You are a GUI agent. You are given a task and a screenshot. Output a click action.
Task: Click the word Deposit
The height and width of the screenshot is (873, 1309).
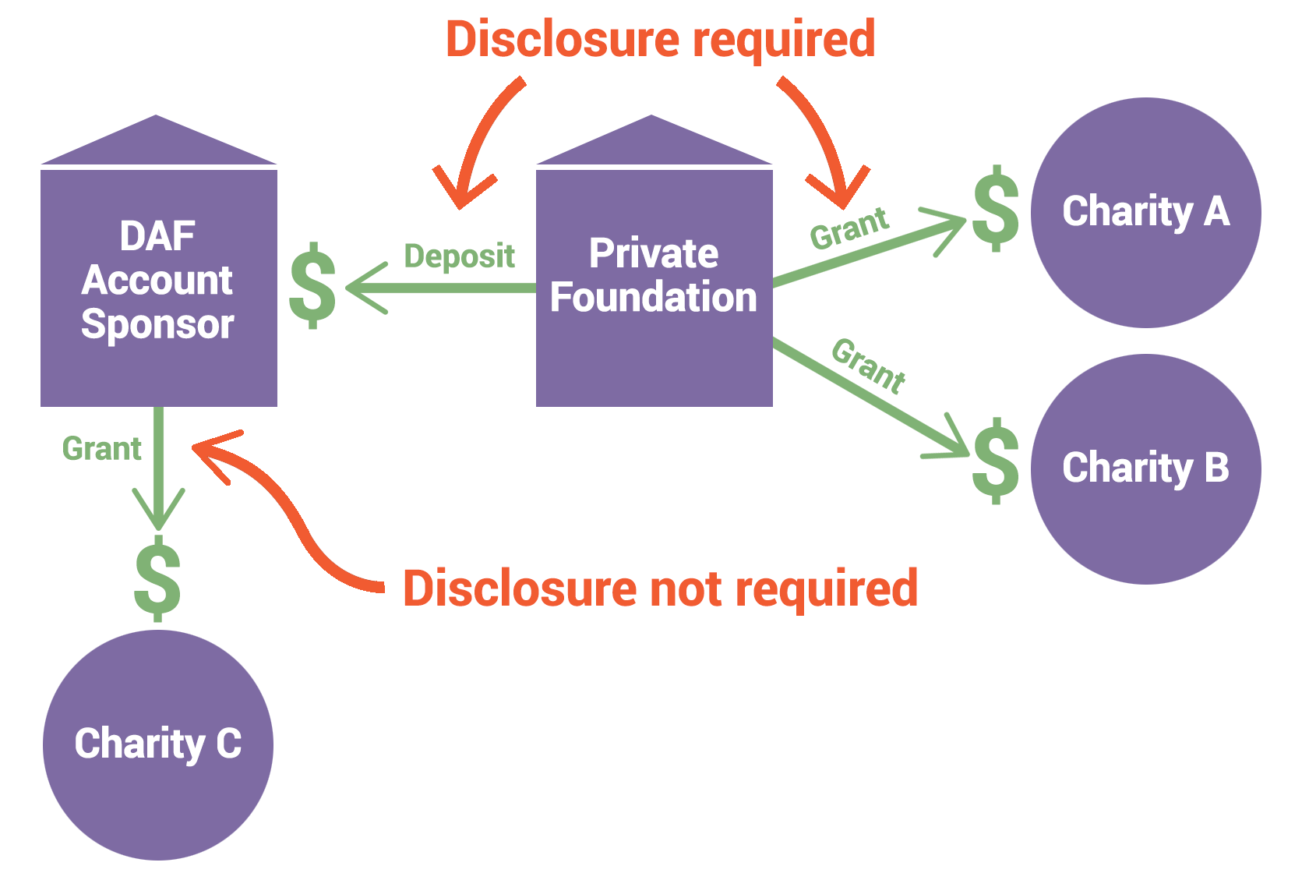pyautogui.click(x=459, y=256)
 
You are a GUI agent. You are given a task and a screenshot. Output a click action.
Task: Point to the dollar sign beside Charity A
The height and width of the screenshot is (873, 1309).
pyautogui.click(x=996, y=209)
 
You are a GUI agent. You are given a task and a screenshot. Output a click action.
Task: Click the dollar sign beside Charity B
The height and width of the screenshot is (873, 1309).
pyautogui.click(x=996, y=461)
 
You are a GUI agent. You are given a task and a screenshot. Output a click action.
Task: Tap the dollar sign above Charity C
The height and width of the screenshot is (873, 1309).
pyautogui.click(x=157, y=578)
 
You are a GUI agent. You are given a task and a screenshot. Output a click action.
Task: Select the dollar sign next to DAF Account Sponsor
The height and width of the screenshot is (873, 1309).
pyautogui.click(x=312, y=285)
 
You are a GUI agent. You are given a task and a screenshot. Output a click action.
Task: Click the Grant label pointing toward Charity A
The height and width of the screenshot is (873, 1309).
pyautogui.click(x=849, y=228)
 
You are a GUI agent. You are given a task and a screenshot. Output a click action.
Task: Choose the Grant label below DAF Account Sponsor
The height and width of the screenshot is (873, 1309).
pyautogui.click(x=101, y=449)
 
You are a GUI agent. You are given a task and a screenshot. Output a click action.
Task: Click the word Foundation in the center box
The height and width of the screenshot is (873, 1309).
pyautogui.click(x=653, y=298)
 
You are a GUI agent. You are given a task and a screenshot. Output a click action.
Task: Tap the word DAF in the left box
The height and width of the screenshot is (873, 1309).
pyautogui.click(x=157, y=236)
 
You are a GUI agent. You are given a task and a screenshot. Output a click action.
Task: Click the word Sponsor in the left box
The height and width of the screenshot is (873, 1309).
pyautogui.click(x=157, y=324)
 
